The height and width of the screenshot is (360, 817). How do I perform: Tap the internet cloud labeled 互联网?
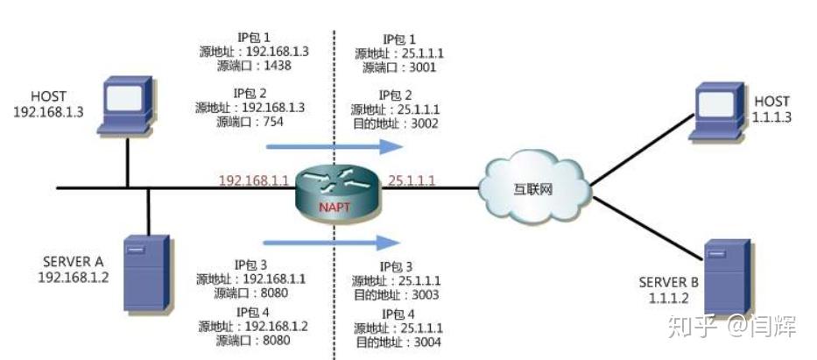(x=534, y=187)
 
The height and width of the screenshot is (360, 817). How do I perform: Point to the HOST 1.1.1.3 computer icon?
(x=717, y=111)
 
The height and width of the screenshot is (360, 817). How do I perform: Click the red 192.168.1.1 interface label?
(x=253, y=180)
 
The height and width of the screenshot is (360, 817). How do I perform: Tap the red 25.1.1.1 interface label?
(x=411, y=180)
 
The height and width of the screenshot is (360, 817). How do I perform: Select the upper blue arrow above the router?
(x=334, y=147)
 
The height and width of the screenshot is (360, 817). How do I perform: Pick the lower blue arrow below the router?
(x=331, y=243)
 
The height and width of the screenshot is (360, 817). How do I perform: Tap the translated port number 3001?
(x=421, y=67)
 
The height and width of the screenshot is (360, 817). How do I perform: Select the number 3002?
(x=424, y=124)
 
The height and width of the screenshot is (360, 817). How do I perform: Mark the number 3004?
(x=426, y=342)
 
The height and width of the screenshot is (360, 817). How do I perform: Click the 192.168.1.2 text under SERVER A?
(x=74, y=277)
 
